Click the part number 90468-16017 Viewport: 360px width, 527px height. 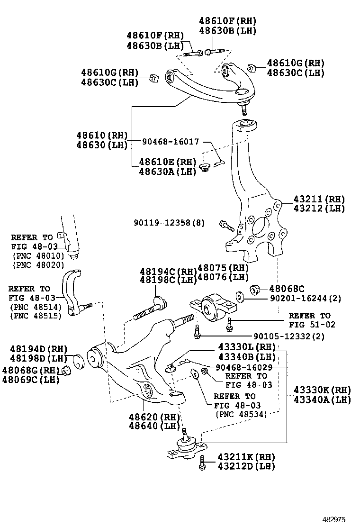[x=171, y=141]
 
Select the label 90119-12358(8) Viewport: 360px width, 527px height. [x=169, y=222]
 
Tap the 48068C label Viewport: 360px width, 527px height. [x=287, y=288]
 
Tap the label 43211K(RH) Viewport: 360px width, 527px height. [x=246, y=457]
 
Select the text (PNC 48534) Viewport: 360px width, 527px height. [x=241, y=414]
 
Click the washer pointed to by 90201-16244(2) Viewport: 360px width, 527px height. [x=239, y=297]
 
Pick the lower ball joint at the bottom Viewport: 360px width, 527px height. [x=186, y=445]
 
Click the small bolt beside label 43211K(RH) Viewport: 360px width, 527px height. [x=202, y=462]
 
